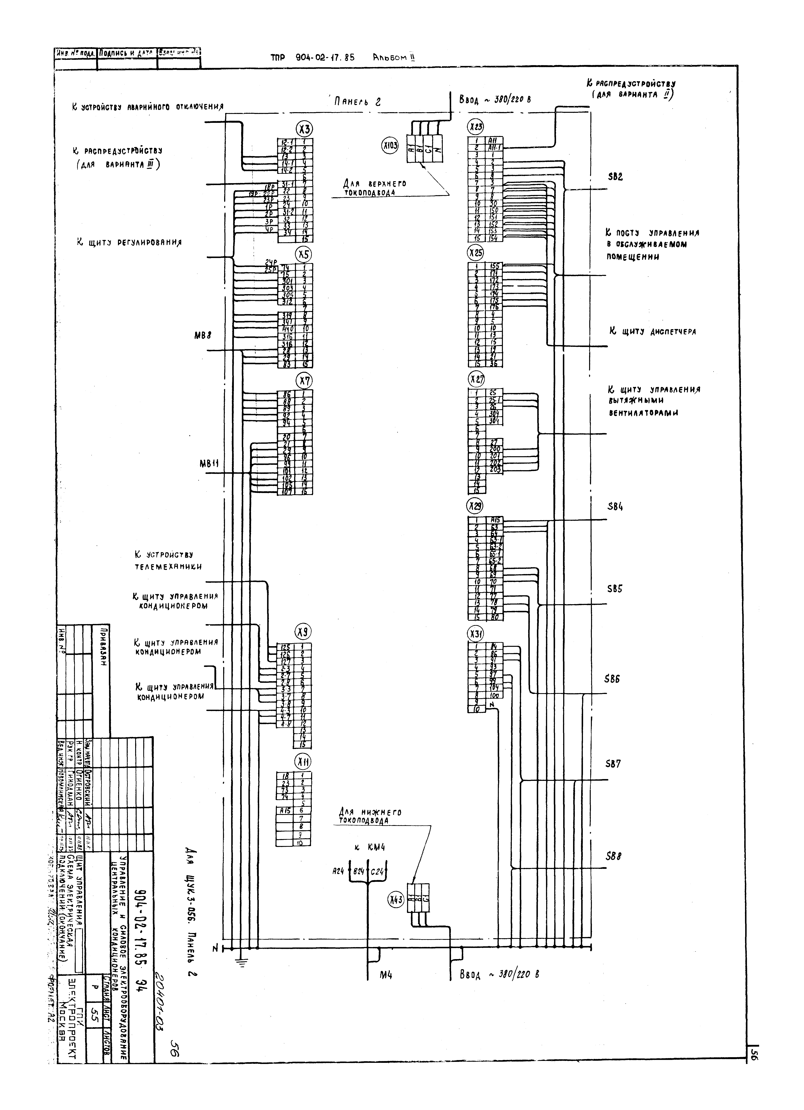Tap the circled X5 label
[x=304, y=254]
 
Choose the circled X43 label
[x=395, y=899]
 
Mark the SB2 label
[x=615, y=177]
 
